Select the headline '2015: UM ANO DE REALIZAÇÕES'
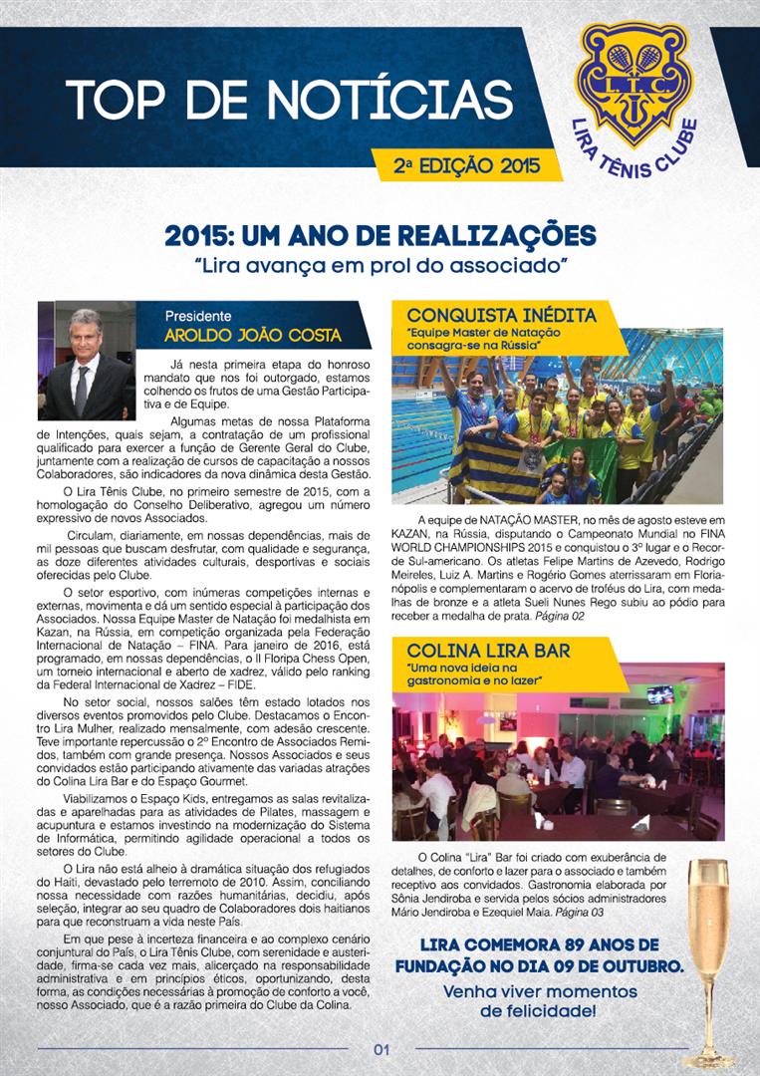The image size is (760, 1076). coord(380,237)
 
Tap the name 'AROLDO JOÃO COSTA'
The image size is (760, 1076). coord(253,335)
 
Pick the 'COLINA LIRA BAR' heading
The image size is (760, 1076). coord(488,651)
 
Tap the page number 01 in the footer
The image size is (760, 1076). coord(380,1048)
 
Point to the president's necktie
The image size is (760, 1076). coord(81,390)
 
